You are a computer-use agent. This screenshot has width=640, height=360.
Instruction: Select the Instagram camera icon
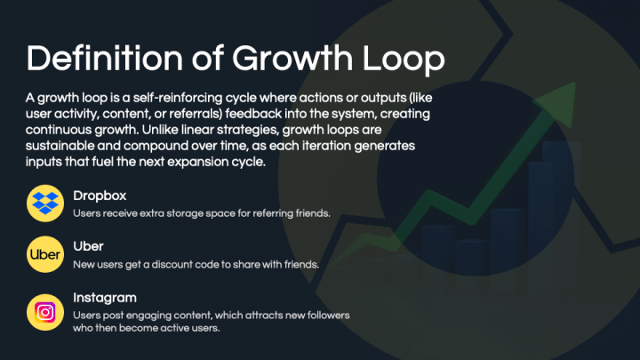44,312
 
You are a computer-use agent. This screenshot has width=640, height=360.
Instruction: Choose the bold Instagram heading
105,298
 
